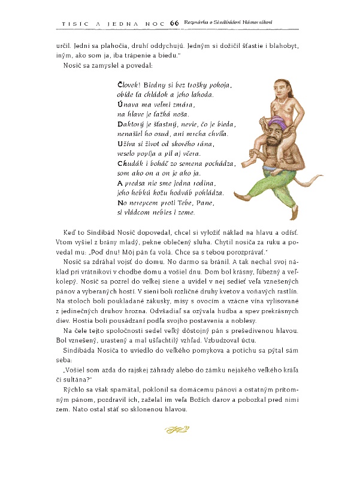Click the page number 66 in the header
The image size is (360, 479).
click(x=174, y=23)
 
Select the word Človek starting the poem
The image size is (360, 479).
click(x=128, y=84)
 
